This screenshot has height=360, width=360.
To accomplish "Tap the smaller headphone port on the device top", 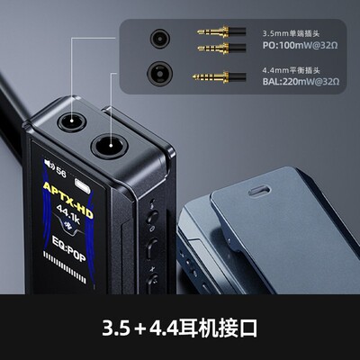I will point(69,121).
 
